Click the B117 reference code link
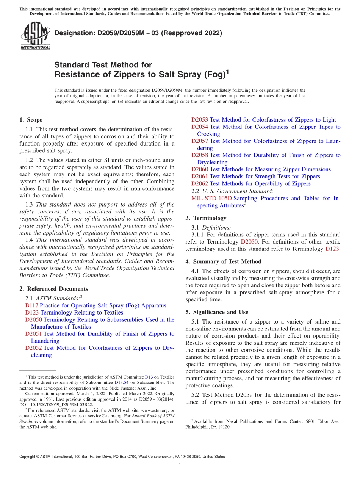31,305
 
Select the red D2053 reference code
199,120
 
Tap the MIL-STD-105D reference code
211,198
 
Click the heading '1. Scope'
31,120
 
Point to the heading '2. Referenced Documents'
54,289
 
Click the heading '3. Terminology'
206,218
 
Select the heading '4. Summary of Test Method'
223,261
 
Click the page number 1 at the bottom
180,465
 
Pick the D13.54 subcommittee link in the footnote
122,382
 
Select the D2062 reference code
199,183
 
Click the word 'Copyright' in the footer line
27,457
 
